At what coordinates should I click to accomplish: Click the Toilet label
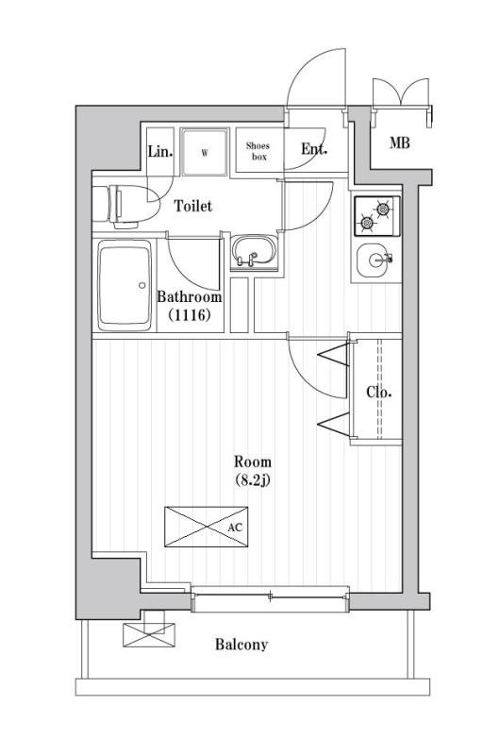[192, 206]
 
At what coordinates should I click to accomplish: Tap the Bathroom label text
[190, 296]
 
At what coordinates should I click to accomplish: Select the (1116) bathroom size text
[190, 315]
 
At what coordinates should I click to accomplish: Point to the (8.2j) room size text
[253, 480]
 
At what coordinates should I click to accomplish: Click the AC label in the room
[235, 528]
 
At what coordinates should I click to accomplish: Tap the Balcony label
[241, 645]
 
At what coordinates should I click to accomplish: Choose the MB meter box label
[399, 143]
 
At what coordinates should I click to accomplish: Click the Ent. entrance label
[314, 149]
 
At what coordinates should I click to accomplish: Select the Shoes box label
[258, 151]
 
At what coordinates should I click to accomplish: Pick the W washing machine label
[205, 153]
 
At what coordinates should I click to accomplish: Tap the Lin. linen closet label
[159, 152]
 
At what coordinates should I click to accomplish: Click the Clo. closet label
[378, 392]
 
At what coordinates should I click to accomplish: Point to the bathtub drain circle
[141, 285]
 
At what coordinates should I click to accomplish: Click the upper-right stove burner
[383, 209]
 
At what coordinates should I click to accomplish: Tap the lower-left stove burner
[367, 223]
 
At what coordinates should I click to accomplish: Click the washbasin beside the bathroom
[254, 250]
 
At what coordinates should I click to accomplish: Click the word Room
[253, 462]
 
